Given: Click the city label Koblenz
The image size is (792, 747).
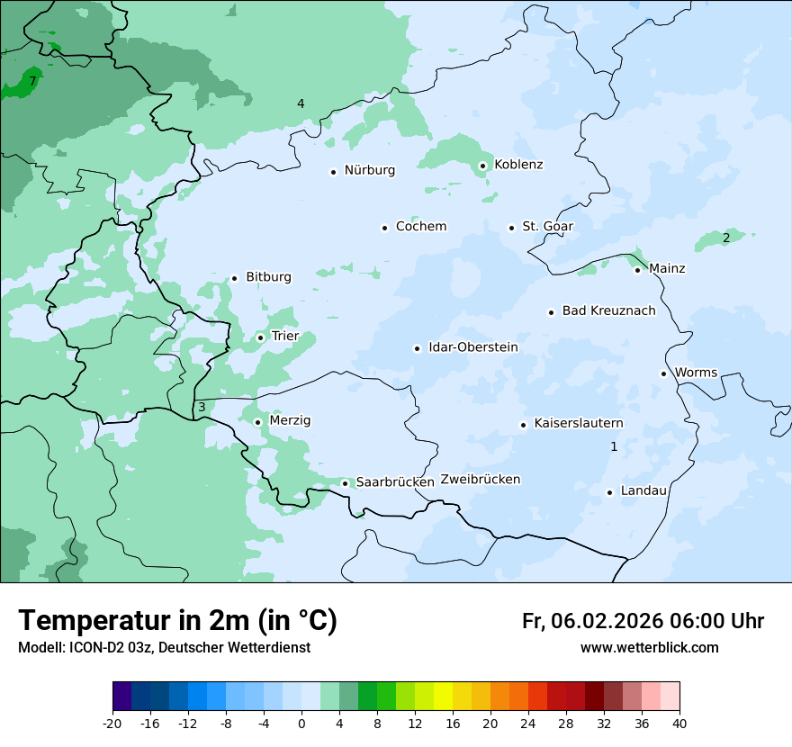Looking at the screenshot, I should tap(518, 165).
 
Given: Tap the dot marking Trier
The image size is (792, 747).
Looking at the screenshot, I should tap(260, 337).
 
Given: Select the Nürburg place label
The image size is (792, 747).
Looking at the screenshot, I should tap(369, 170).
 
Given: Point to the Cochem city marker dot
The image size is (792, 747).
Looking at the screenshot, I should tap(384, 228).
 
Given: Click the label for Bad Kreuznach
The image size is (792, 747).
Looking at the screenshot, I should tap(608, 310).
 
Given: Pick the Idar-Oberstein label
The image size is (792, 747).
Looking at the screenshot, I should tap(472, 347).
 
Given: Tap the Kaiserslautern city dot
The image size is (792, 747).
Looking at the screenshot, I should tap(523, 425).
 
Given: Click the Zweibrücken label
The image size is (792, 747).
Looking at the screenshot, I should tap(480, 480).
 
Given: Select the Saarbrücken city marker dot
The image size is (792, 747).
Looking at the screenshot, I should tap(345, 483).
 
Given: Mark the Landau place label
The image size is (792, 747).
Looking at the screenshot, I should tap(643, 490).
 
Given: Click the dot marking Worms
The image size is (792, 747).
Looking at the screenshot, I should tap(663, 373).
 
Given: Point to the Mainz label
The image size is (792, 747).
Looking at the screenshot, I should tap(667, 268).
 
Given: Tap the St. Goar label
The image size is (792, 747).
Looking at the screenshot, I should tap(547, 226).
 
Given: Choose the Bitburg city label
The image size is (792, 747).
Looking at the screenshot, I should tap(268, 277).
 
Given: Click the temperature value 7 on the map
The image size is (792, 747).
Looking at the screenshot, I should tap(32, 81).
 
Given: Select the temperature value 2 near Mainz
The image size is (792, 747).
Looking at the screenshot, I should tap(725, 238).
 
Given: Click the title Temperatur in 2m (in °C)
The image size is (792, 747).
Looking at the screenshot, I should tap(177, 621).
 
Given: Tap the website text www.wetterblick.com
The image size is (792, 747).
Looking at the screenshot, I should tap(649, 648).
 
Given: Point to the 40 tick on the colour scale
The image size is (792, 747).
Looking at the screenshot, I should tap(679, 723).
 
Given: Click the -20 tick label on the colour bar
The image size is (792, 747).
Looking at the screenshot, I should tap(112, 723).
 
